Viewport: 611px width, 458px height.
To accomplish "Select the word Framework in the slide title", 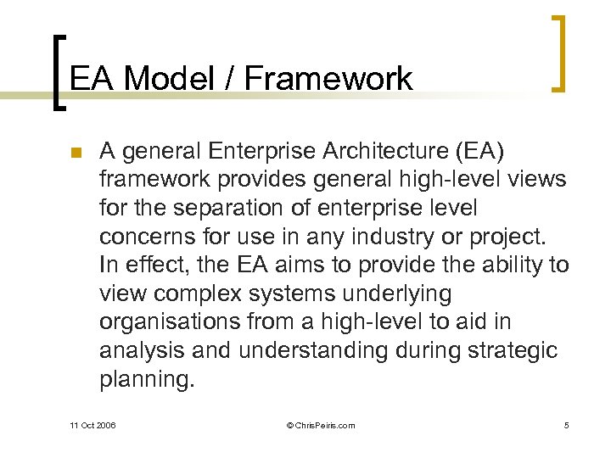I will [328, 79].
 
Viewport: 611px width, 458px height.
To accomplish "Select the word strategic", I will [516, 350].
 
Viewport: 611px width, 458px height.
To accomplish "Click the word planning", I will [147, 379].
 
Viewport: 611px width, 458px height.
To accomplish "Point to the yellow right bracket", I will [561, 53].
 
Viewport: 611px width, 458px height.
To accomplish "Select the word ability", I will [497, 265].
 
